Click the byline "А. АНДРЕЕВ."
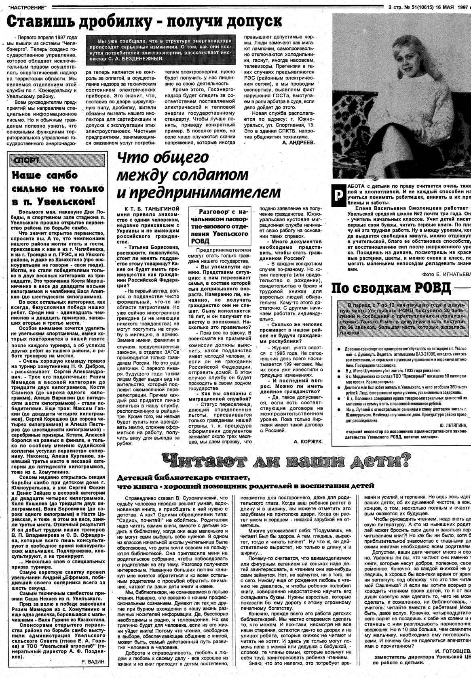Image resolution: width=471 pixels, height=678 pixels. coord(299,143)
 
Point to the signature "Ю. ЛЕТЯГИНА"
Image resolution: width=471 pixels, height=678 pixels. coord(452,426)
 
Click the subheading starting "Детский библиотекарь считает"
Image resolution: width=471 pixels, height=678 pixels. coord(245,482)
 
